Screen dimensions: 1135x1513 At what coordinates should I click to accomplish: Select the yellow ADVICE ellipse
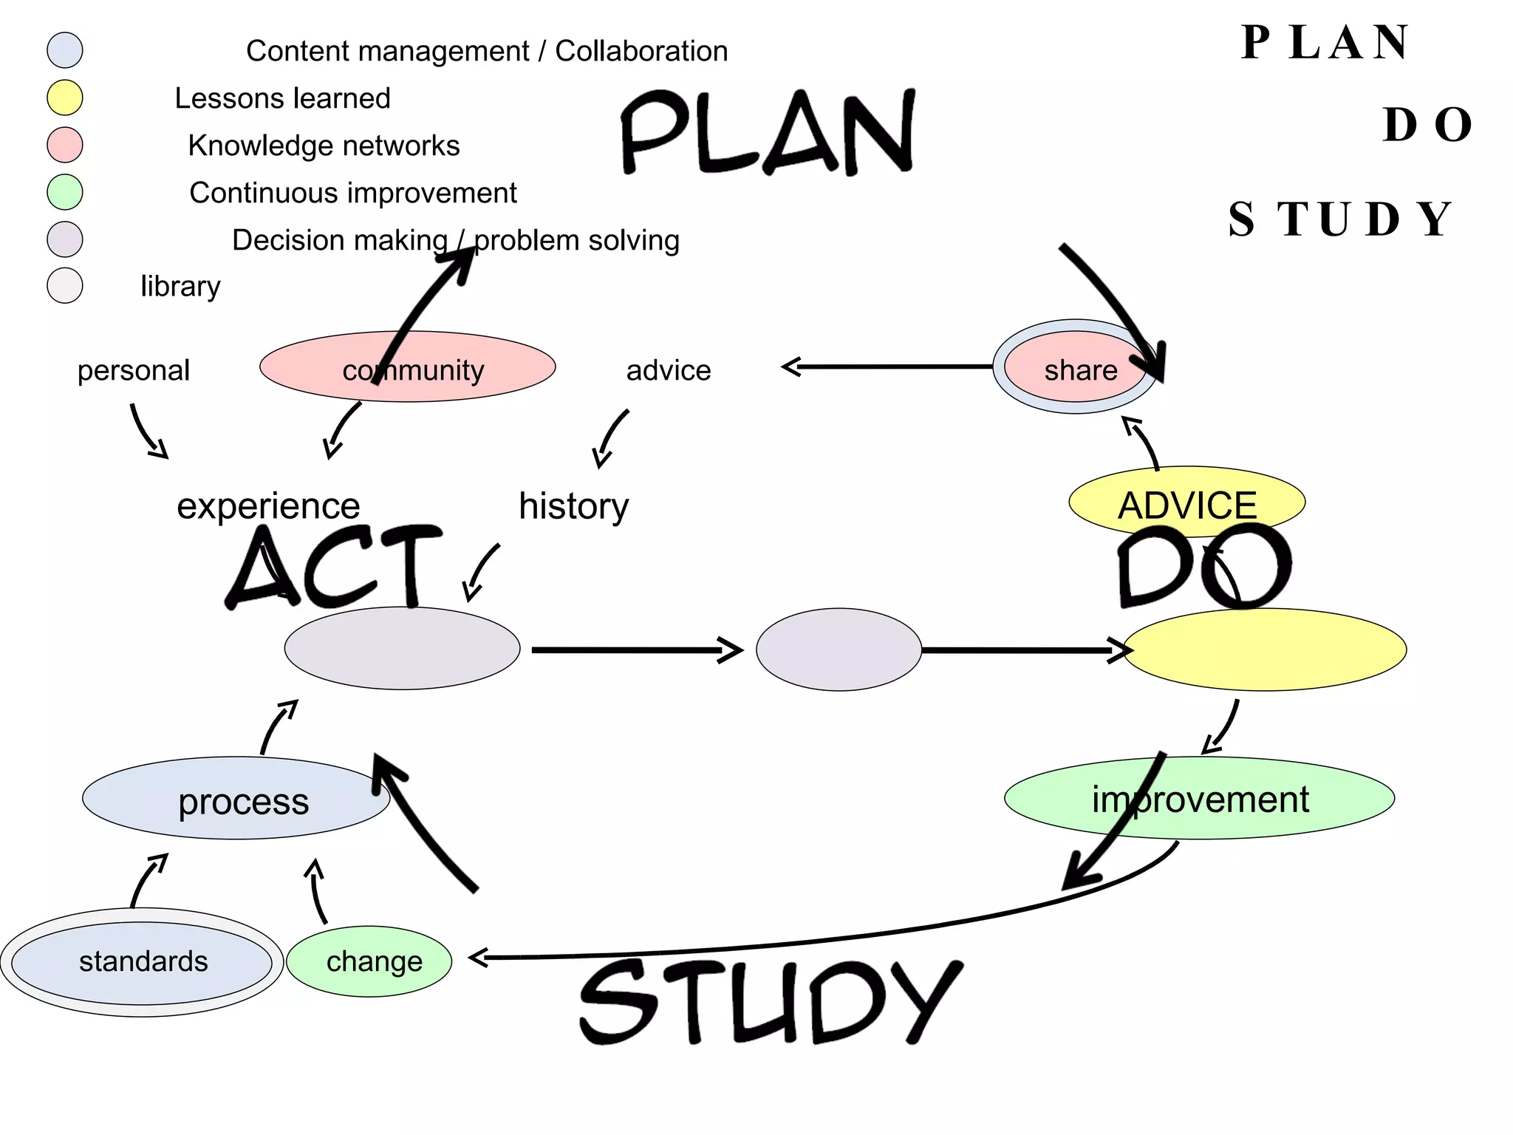[1186, 502]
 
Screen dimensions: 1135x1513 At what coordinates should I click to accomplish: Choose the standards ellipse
[143, 962]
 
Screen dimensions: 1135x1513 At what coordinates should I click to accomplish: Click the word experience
[268, 506]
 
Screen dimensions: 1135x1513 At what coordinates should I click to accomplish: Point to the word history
[573, 506]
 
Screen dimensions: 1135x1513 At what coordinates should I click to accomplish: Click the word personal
[134, 370]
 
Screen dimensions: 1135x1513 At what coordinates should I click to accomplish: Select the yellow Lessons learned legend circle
[65, 98]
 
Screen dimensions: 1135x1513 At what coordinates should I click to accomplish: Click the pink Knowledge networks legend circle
[65, 145]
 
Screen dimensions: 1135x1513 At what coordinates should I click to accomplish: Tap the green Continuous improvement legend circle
[65, 192]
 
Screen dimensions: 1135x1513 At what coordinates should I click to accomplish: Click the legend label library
[180, 287]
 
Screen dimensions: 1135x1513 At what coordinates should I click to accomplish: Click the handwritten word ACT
[332, 567]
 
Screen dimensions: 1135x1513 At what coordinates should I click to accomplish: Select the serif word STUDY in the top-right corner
[1341, 219]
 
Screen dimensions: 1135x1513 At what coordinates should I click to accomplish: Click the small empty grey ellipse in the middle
[839, 650]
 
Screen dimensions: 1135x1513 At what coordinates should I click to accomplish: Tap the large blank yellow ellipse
[1265, 650]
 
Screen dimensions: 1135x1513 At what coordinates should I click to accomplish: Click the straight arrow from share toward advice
[887, 367]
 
